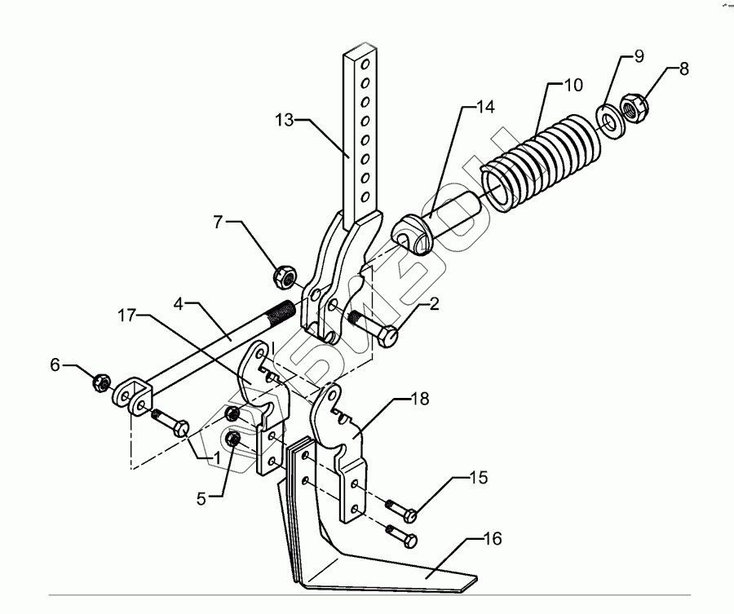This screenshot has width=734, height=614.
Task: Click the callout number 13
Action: [x=285, y=119]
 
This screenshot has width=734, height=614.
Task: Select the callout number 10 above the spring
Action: [x=573, y=84]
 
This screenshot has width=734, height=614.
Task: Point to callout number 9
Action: [x=639, y=57]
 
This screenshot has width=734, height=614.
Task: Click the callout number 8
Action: [x=683, y=69]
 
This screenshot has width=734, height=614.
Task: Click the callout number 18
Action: [x=418, y=399]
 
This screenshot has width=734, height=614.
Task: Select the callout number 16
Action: [x=492, y=539]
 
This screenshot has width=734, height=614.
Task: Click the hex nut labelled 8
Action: [x=634, y=108]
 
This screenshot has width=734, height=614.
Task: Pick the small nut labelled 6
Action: [x=102, y=380]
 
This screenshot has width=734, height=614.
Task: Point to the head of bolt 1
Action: [x=182, y=427]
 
